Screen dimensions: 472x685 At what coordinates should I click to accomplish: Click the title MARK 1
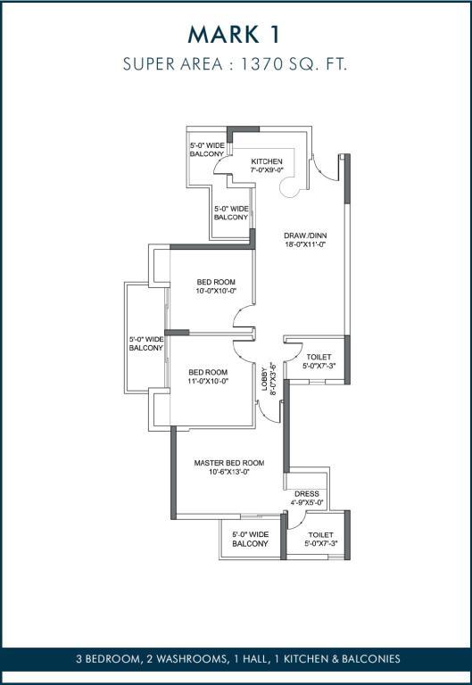234,35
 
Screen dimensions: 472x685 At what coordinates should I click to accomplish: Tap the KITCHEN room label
267,161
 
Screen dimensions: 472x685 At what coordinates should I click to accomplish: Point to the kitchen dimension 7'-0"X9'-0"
267,170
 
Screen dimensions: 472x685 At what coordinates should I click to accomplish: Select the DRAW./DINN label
305,235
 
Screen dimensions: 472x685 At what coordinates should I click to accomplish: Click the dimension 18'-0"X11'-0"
305,244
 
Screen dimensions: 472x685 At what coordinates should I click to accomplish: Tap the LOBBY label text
264,378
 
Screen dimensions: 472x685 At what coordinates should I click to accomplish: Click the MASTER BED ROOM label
229,463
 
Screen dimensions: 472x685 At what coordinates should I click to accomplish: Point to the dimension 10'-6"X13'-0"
229,472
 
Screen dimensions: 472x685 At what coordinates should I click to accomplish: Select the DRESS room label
307,493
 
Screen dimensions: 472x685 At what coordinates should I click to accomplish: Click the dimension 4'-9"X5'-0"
307,502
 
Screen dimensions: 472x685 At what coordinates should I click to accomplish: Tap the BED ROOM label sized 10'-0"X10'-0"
216,282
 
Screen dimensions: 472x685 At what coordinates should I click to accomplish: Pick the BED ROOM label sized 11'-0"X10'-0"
208,372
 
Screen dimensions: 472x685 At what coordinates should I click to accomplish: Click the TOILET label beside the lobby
319,357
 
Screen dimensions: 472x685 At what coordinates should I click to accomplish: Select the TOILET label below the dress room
321,535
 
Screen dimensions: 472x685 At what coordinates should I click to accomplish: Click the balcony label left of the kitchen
207,150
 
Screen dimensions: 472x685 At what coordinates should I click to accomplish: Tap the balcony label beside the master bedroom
250,539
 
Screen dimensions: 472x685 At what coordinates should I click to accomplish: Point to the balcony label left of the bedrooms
146,343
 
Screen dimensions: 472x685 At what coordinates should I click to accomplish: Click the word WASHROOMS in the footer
190,659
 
